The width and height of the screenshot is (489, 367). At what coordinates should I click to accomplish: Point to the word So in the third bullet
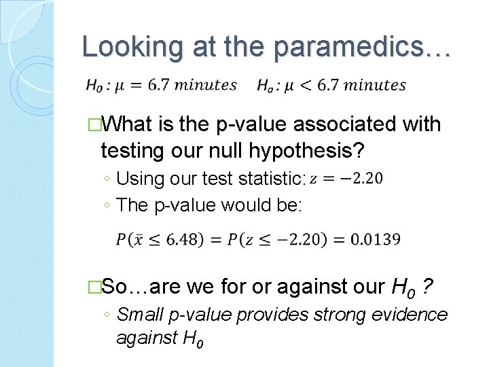117,287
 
